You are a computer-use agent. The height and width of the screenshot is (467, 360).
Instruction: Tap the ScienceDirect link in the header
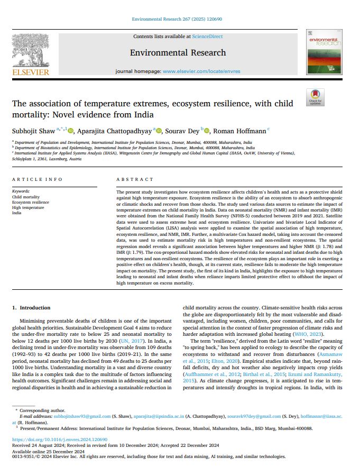[206, 36]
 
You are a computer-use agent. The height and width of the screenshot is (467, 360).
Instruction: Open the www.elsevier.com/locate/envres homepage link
[201, 71]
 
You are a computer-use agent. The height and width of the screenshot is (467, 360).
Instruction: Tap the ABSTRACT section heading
[135, 180]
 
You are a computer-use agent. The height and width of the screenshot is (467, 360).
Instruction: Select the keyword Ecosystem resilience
[30, 202]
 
